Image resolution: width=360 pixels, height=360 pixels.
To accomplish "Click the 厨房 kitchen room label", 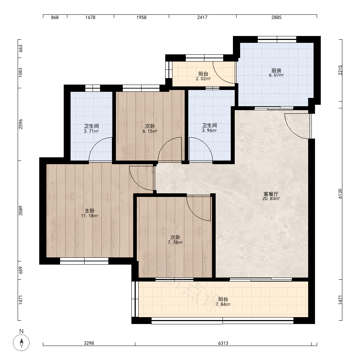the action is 276,70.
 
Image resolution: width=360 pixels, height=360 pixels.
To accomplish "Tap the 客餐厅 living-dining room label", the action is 271,194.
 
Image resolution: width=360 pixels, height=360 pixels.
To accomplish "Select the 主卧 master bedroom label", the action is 90,211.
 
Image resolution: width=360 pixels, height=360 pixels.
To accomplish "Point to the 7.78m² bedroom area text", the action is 175,242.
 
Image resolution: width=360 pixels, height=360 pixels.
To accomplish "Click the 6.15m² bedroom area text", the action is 150,131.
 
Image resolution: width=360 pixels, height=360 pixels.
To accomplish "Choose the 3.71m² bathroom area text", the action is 91,131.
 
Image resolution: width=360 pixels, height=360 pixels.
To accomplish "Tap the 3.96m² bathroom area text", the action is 210,130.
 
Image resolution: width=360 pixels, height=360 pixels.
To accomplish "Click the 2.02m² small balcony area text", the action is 203,79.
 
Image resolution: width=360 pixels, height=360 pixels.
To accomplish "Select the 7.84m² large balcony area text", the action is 223,305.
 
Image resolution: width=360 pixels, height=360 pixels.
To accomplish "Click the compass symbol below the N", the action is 21,343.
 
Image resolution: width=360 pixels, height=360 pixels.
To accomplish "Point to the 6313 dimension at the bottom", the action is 223,343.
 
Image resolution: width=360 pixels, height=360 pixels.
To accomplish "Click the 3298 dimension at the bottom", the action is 89,343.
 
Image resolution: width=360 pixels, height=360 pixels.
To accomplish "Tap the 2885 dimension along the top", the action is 276,17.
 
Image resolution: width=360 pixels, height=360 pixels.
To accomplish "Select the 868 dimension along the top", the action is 55,17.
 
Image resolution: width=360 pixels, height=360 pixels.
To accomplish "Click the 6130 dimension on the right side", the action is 340,194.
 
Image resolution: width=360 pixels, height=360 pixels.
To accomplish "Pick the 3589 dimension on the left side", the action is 21,211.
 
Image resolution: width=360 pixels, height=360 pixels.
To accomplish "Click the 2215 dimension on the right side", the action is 340,70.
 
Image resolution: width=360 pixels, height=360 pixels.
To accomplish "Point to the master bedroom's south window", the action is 84,261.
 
